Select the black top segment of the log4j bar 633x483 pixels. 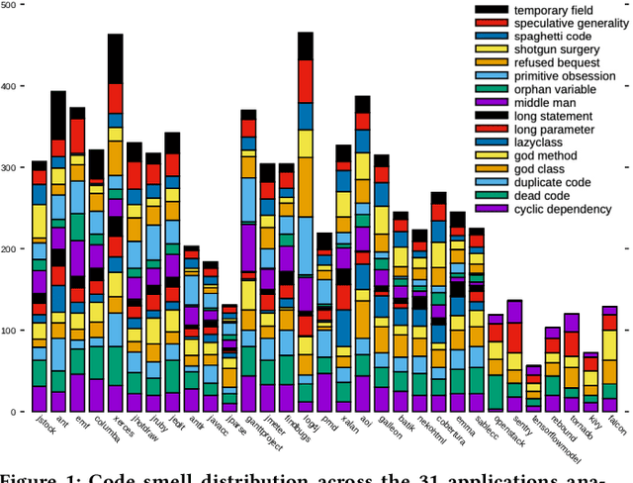[x=306, y=46]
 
